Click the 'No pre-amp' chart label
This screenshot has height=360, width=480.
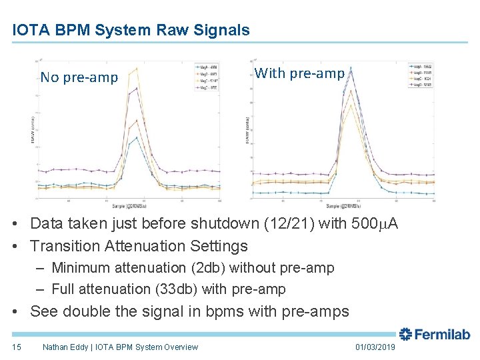pyautogui.click(x=79, y=77)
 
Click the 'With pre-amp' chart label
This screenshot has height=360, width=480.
pyautogui.click(x=299, y=73)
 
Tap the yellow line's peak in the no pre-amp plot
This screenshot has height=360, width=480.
pyautogui.click(x=137, y=69)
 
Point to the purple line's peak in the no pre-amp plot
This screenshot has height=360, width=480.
pyautogui.click(x=137, y=88)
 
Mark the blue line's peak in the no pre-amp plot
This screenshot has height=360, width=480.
pyautogui.click(x=137, y=138)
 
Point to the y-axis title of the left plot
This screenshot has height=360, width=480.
pyautogui.click(x=33, y=132)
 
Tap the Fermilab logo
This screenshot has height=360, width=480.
pyautogui.click(x=434, y=335)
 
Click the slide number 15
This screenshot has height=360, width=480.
pyautogui.click(x=17, y=347)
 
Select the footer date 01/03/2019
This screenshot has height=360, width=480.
pyautogui.click(x=376, y=347)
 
